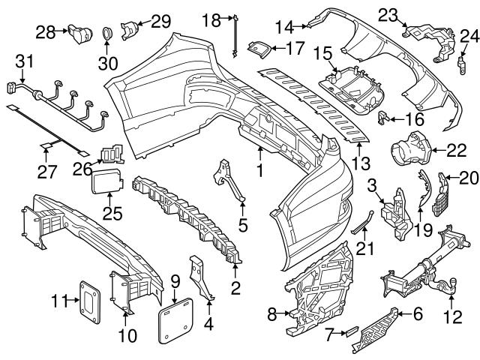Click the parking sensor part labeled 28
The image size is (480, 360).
(x=77, y=32)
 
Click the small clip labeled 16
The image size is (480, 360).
(x=382, y=116)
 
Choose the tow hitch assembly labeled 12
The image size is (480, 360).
(x=427, y=270)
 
